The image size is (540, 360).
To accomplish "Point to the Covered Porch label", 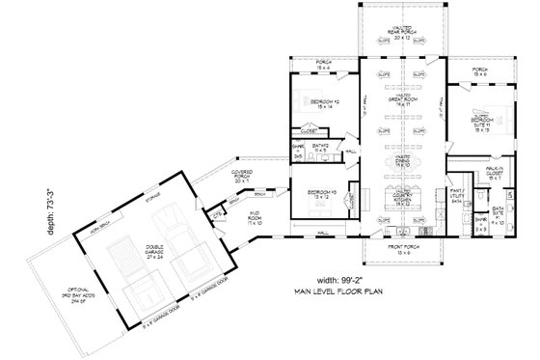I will point(241,175).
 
